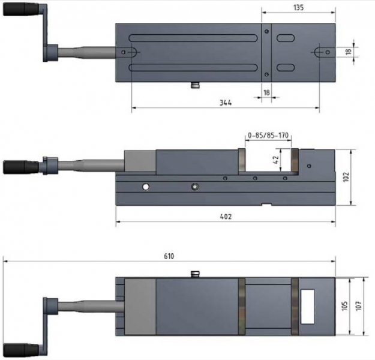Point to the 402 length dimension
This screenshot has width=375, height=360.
[226, 216]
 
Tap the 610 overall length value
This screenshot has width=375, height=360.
[169, 256]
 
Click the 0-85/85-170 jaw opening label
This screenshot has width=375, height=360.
[268, 136]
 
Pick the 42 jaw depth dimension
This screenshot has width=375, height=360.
[276, 161]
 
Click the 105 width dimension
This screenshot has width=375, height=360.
[345, 307]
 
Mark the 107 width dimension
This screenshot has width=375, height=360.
[359, 307]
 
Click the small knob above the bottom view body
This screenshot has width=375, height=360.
[194, 274]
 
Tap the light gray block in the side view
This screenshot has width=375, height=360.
[140, 162]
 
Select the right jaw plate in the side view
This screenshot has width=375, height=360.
[295, 162]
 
